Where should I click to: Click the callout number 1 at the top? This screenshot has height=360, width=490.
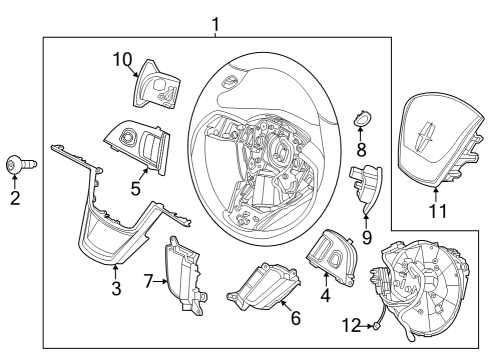pyautogui.click(x=214, y=23)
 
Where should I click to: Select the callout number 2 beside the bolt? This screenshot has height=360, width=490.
pyautogui.click(x=15, y=198)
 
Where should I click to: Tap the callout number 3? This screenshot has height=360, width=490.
pyautogui.click(x=116, y=289)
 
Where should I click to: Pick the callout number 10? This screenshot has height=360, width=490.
pyautogui.click(x=120, y=61)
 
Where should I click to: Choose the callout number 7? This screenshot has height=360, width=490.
pyautogui.click(x=149, y=281)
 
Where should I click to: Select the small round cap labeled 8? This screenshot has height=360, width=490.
pyautogui.click(x=362, y=123)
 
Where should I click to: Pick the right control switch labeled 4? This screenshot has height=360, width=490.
pyautogui.click(x=331, y=254)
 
